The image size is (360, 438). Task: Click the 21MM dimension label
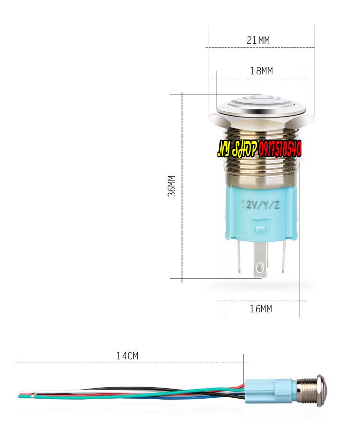click(x=258, y=40)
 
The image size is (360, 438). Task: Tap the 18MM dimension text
click(x=261, y=71)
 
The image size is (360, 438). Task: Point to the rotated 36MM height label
click(x=172, y=186)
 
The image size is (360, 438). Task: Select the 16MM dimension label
click(x=261, y=309)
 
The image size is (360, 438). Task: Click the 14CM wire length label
click(x=127, y=356)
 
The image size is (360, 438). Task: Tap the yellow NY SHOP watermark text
click(x=237, y=149)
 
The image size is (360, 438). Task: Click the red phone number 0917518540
click(x=280, y=149)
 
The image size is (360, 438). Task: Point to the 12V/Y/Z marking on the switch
click(x=261, y=205)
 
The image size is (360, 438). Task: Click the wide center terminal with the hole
click(x=260, y=260)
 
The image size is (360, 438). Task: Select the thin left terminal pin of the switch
click(x=239, y=256)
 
